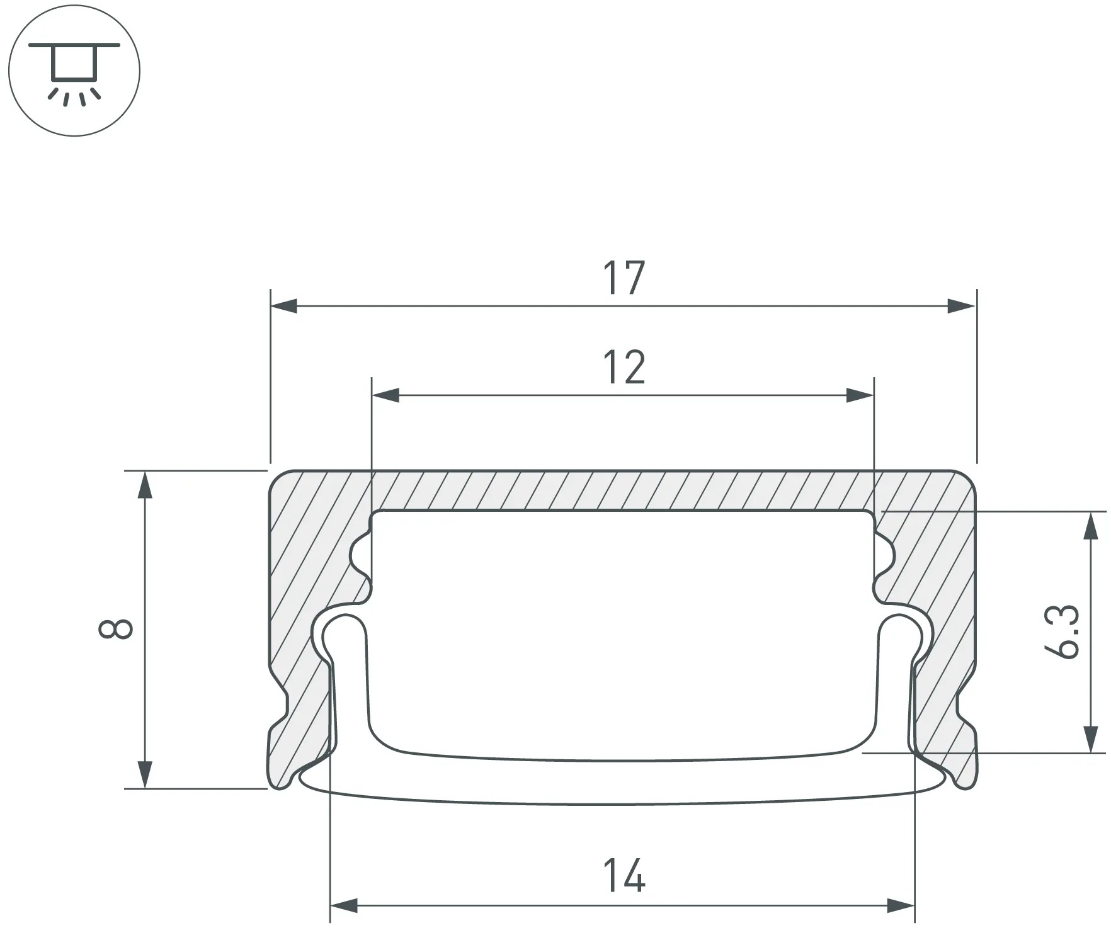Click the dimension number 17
[x=624, y=278]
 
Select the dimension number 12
[x=624, y=368]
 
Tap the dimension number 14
[x=624, y=876]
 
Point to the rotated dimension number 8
[x=116, y=629]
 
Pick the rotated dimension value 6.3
[x=1065, y=632]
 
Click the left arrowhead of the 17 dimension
[x=284, y=307]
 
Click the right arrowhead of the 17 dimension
[x=962, y=307]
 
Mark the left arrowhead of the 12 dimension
[x=386, y=396]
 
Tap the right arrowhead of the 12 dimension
[x=860, y=396]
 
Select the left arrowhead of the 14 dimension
[x=344, y=907]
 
